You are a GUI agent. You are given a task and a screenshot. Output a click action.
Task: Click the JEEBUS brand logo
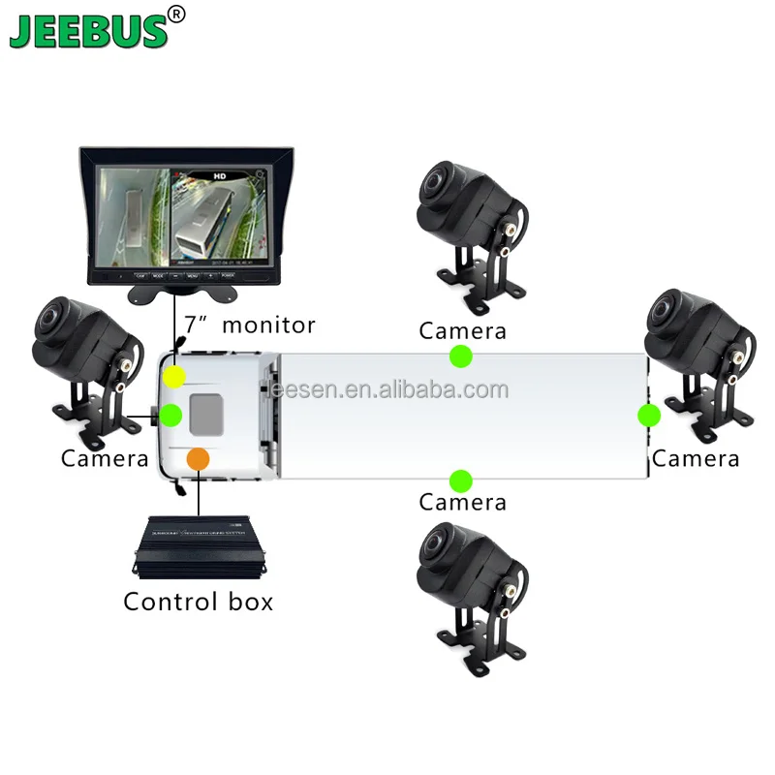pyautogui.click(x=89, y=28)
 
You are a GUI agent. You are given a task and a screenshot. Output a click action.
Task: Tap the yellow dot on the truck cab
pyautogui.click(x=175, y=375)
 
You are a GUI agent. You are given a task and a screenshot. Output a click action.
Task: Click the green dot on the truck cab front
pyautogui.click(x=170, y=416)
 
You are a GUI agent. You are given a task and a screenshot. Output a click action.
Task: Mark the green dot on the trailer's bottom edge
pyautogui.click(x=461, y=480)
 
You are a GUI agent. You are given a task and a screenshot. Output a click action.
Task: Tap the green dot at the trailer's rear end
pyautogui.click(x=648, y=416)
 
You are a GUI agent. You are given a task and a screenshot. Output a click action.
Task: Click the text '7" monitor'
pyautogui.click(x=250, y=325)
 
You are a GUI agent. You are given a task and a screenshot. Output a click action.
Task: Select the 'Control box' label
pyautogui.click(x=198, y=602)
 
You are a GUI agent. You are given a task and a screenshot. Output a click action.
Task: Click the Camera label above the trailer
pyautogui.click(x=462, y=331)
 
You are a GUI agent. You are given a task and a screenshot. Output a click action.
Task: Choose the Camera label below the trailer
pyautogui.click(x=462, y=503)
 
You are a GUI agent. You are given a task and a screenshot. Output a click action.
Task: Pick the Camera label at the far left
pyautogui.click(x=105, y=458)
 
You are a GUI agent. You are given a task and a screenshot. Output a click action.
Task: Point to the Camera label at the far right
pyautogui.click(x=695, y=458)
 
